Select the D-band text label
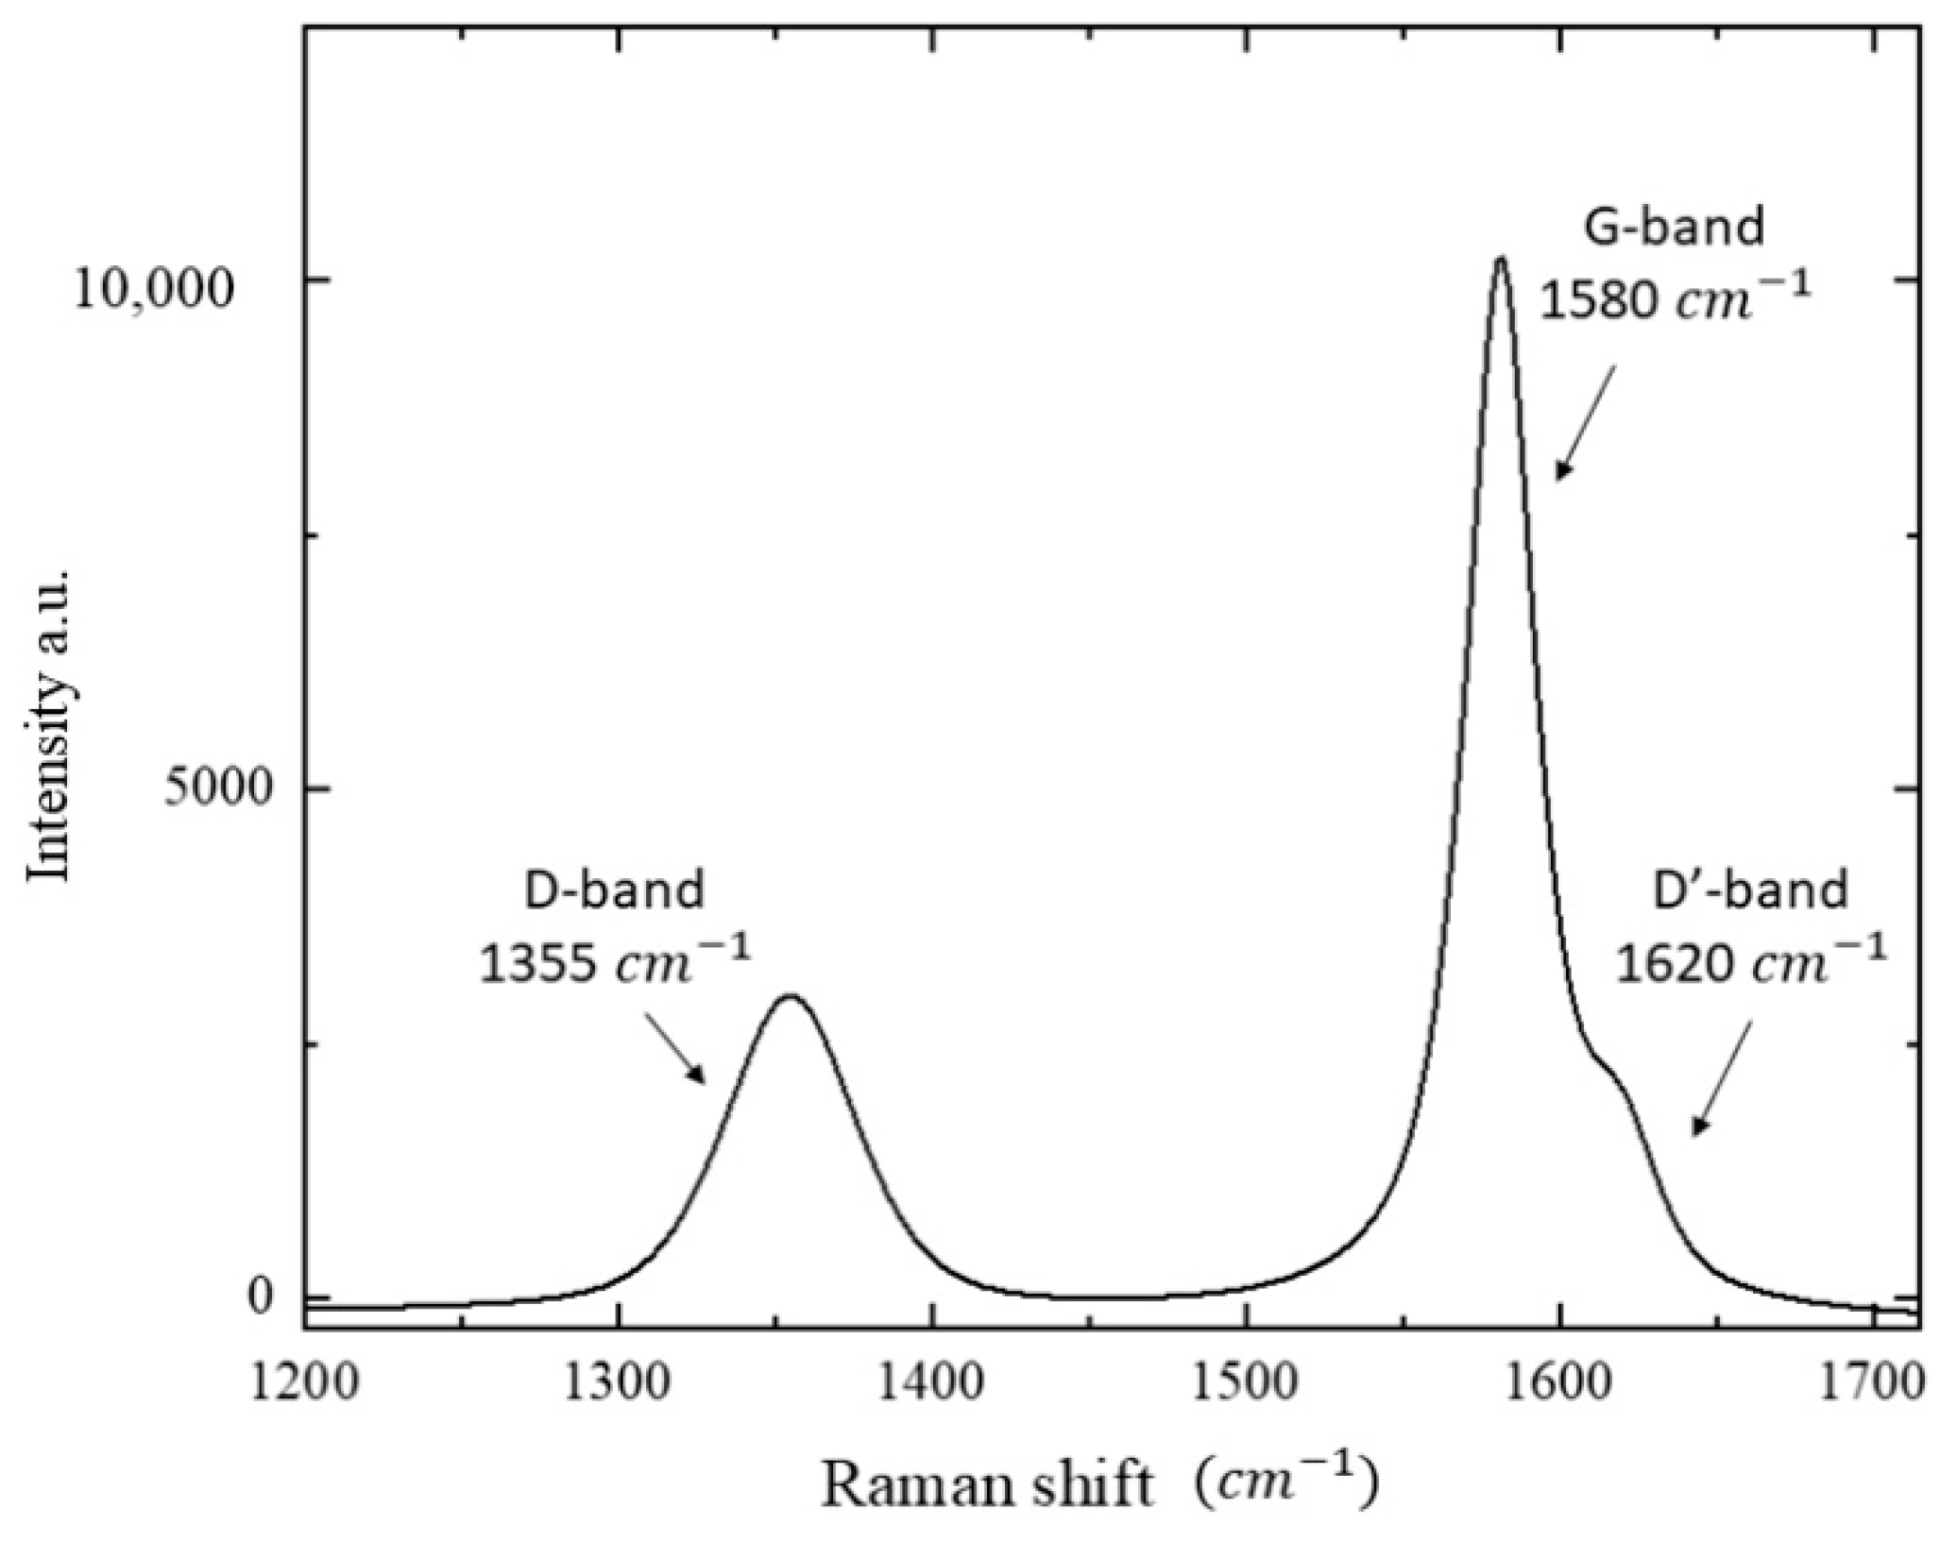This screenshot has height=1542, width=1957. pyautogui.click(x=615, y=890)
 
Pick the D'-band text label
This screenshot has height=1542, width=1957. pyautogui.click(x=1750, y=890)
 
